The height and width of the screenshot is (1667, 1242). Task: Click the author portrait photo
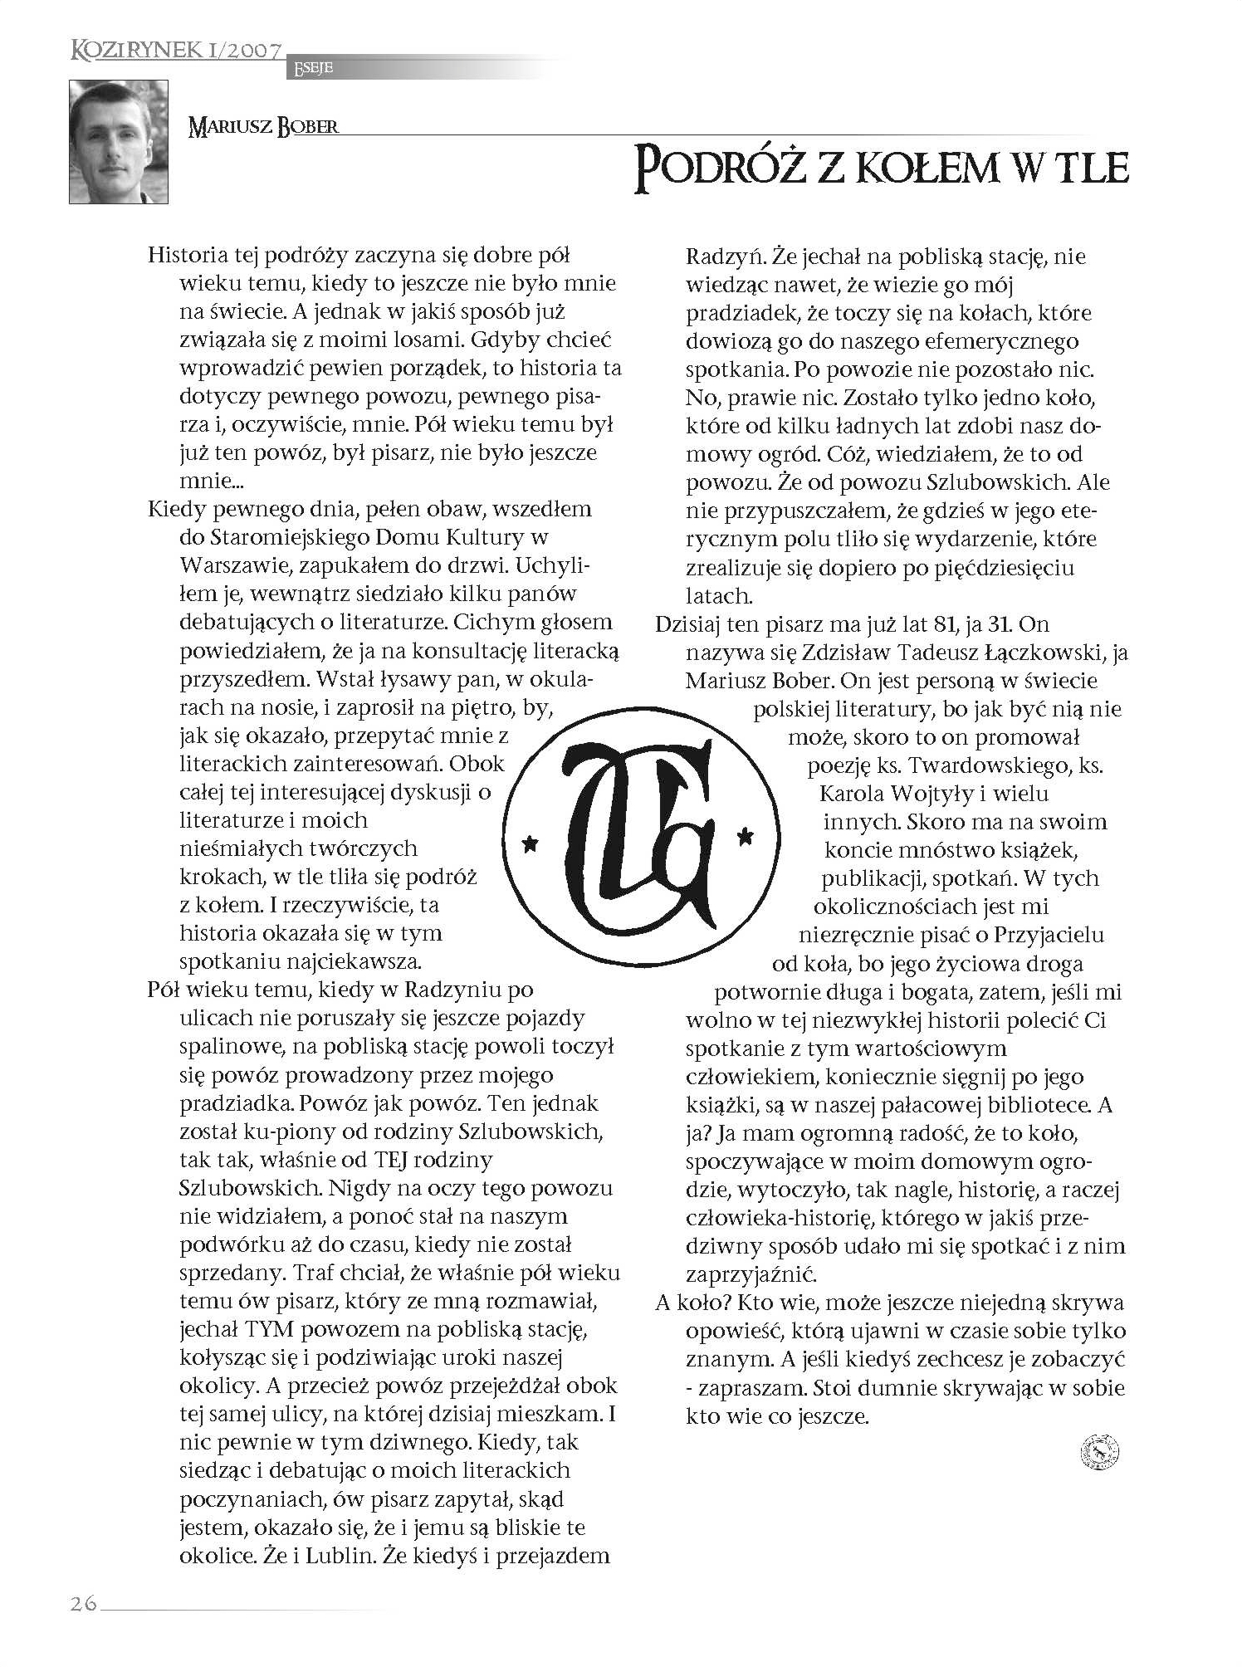tap(118, 142)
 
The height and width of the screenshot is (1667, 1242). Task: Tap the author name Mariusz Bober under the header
tap(264, 128)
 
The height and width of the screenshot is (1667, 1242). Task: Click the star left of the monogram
tap(529, 843)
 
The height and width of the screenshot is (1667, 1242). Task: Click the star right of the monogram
tap(744, 833)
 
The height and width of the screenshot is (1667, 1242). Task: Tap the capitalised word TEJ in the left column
tap(375, 1159)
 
